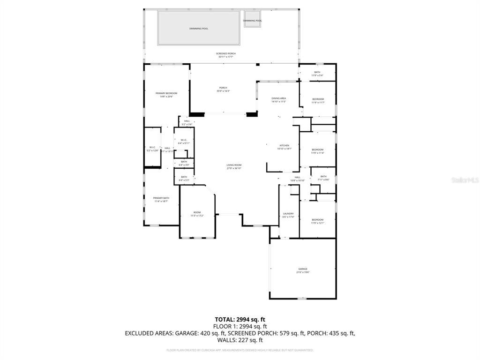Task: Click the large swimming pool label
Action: [199, 29]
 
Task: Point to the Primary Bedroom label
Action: [166, 95]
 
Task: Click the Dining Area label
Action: [278, 100]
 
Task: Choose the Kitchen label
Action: [285, 147]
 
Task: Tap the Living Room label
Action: [234, 166]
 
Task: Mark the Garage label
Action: [303, 270]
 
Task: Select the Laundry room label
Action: [288, 215]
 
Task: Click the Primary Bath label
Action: [161, 200]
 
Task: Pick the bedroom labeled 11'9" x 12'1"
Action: [317, 221]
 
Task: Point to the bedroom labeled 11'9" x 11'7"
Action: [318, 101]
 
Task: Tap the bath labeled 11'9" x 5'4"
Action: [317, 74]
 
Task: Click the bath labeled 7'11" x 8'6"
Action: [323, 178]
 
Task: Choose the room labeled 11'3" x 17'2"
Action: [197, 214]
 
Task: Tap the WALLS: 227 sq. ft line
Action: [240, 340]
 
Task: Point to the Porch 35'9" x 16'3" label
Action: [223, 90]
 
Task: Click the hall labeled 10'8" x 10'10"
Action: [297, 179]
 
